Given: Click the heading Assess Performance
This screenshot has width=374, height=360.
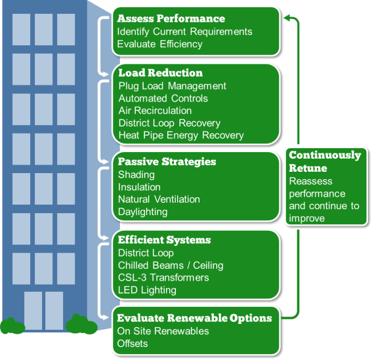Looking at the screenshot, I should pos(171,18).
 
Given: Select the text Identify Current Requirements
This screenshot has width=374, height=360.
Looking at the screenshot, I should pos(184,31).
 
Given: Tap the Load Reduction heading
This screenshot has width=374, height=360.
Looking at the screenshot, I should pos(160,73).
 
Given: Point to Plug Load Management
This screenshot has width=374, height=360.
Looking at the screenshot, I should pos(172,86).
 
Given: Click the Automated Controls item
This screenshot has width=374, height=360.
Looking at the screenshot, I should pos(163,98).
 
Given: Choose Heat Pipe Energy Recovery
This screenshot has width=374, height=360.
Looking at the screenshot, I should pos(180,135).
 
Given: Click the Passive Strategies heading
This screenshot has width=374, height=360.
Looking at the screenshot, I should pos(167,161).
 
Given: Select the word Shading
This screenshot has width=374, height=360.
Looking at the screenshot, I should pos(136,174).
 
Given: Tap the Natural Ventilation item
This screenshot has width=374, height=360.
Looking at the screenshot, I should pos(159,199).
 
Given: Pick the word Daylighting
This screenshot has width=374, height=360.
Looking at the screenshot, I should pos(142,212).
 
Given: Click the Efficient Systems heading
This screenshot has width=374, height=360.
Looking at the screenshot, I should pos(164,240).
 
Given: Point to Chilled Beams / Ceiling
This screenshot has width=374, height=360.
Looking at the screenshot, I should pos(171,266).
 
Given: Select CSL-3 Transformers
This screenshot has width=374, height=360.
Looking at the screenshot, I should pos(163,277).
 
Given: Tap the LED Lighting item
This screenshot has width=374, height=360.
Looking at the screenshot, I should pos(147,290).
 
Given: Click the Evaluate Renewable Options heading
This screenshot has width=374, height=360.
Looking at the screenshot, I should pos(194,318).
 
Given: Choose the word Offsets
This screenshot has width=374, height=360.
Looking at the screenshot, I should pos(133,344).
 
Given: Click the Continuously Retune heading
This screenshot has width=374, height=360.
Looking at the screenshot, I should pos(325,161).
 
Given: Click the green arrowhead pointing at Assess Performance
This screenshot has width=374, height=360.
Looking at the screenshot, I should pos(287,18).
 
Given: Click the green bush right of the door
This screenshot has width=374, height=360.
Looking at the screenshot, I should pos(81,324).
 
